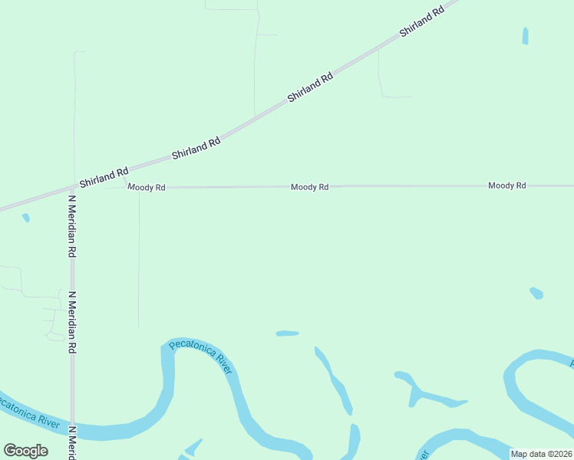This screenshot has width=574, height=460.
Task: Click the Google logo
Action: (25, 451)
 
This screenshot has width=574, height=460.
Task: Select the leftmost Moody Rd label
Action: (147, 187)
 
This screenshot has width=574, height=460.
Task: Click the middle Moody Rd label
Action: (310, 187)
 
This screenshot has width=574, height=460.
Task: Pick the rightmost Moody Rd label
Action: (507, 186)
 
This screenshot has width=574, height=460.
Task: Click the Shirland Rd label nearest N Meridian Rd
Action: (104, 178)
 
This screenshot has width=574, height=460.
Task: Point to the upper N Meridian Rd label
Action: (72, 225)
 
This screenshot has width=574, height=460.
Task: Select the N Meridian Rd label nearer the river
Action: (72, 322)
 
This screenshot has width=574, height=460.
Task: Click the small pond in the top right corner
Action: (526, 35)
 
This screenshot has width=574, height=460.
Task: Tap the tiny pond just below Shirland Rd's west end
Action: (26, 218)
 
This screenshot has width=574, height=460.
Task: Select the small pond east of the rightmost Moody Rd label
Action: (536, 293)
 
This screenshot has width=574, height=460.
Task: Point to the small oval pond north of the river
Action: (287, 333)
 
